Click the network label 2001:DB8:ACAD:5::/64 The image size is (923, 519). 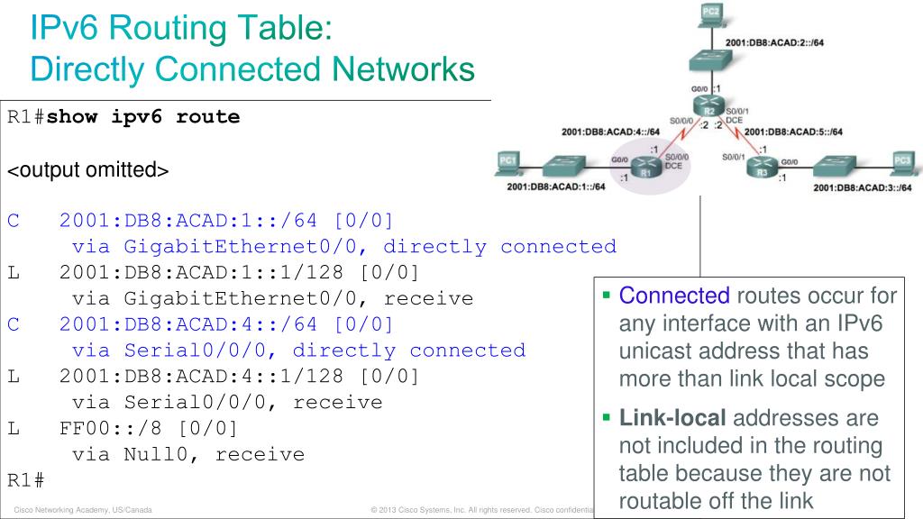[x=793, y=131]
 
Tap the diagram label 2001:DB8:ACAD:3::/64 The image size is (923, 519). [x=862, y=187]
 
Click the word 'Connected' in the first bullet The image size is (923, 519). [x=674, y=295]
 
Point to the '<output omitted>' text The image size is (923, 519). [x=88, y=168]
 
